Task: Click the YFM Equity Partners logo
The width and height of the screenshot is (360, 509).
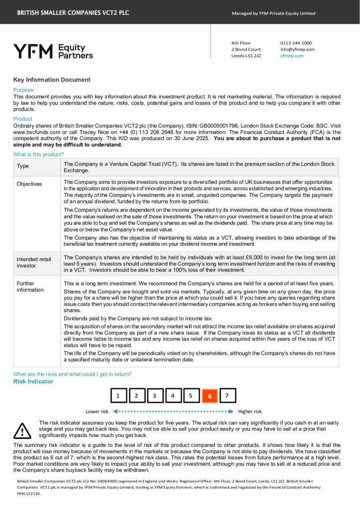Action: [x=53, y=51]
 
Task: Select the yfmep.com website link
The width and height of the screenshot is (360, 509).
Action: [x=292, y=56]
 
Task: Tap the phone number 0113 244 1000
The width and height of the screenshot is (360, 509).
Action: [x=296, y=43]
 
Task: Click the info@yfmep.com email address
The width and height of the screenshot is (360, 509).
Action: [x=297, y=49]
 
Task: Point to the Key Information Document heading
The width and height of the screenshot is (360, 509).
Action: [x=52, y=80]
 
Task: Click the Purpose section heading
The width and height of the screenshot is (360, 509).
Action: [x=23, y=90]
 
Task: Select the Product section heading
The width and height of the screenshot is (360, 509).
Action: [x=22, y=119]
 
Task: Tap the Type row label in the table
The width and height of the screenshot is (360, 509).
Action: [x=23, y=166]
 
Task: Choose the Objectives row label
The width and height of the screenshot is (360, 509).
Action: [x=29, y=184]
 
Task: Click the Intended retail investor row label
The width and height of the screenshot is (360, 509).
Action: [x=34, y=262]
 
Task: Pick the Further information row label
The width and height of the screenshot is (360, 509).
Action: [x=30, y=286]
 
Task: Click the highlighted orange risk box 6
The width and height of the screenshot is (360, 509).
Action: [x=209, y=396]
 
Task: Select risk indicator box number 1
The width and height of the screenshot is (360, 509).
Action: [x=118, y=396]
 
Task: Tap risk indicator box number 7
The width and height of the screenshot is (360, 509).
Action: [x=227, y=396]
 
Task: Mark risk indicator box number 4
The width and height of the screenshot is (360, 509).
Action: [x=173, y=396]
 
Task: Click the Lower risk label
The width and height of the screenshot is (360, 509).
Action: [x=97, y=412]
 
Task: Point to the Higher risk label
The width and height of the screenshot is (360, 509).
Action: [x=250, y=412]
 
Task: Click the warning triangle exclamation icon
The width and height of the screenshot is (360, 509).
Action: [x=22, y=430]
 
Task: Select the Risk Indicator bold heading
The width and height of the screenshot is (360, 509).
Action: [x=33, y=381]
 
